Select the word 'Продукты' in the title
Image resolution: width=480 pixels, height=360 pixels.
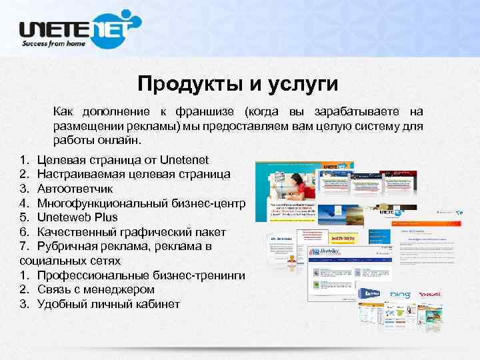pyautogui.click(x=179, y=84)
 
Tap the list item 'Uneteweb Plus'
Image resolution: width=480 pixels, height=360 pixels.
pyautogui.click(x=77, y=217)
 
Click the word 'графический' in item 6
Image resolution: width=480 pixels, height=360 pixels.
pyautogui.click(x=151, y=232)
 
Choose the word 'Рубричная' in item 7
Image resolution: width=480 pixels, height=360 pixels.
pyautogui.click(x=67, y=247)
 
